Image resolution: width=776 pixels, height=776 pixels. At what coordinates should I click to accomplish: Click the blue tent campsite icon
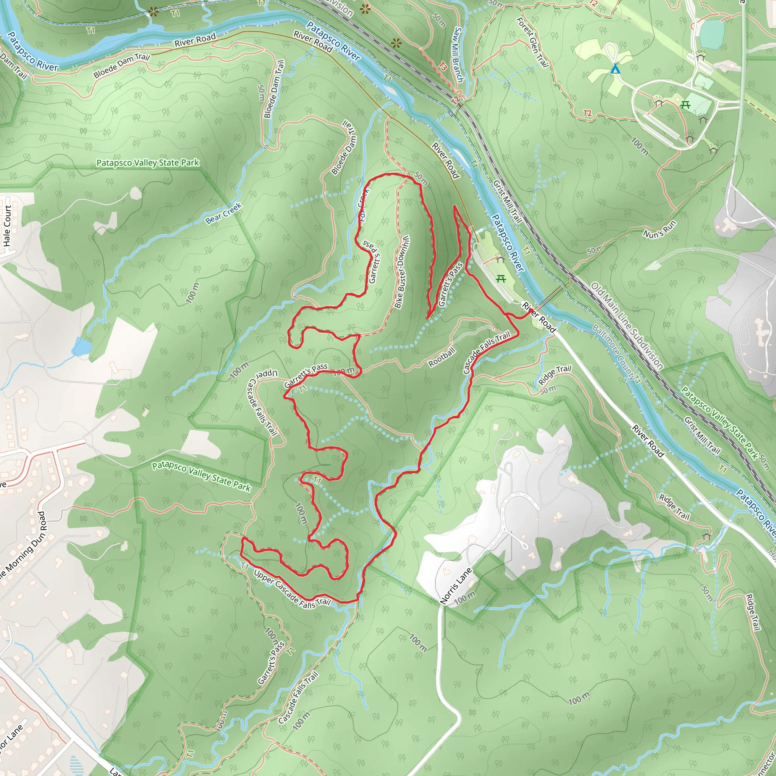click(615, 69)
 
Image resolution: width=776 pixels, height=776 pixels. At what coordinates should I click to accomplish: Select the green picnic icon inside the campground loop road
click(685, 105)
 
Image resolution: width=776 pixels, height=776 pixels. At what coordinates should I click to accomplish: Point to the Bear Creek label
click(224, 213)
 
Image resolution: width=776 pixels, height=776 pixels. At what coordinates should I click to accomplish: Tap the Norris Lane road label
click(456, 586)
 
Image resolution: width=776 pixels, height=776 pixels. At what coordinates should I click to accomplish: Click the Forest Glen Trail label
click(533, 42)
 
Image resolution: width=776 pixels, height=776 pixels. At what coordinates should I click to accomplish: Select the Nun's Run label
click(660, 229)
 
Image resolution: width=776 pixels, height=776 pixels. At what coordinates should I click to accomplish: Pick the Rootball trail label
click(442, 357)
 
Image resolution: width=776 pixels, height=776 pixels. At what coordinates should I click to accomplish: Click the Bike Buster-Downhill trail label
click(402, 272)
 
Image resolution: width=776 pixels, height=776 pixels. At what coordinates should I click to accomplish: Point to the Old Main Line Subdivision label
click(627, 325)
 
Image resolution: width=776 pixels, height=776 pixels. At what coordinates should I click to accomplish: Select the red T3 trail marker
click(442, 67)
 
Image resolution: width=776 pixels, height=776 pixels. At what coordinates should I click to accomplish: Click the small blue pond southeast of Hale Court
click(82, 346)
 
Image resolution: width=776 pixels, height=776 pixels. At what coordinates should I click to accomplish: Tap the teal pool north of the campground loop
click(712, 34)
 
